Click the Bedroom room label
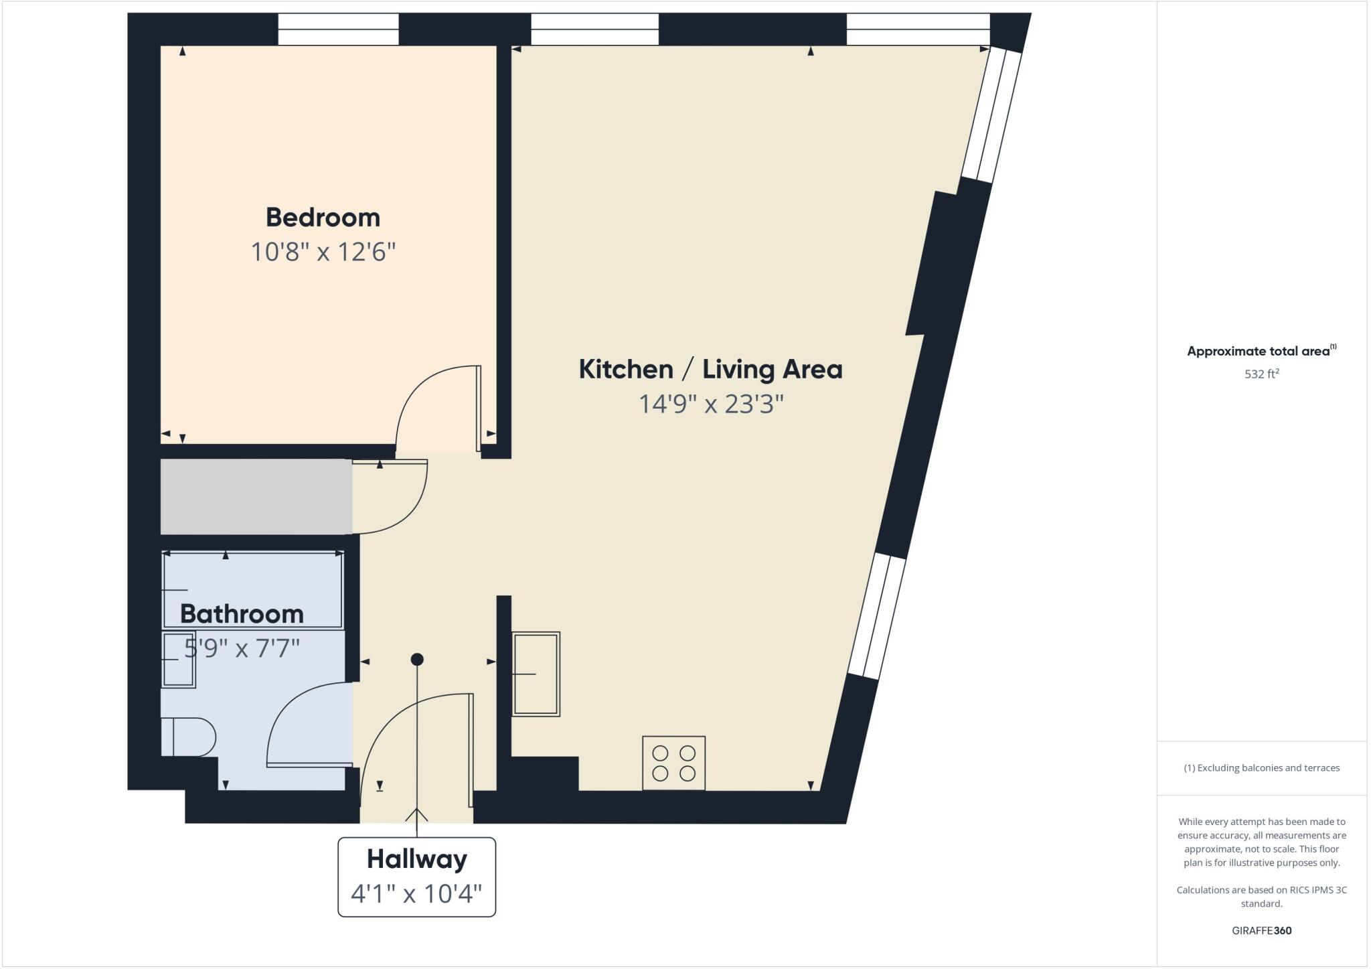[x=323, y=218]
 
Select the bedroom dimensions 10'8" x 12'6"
[x=323, y=252]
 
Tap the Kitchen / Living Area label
[x=710, y=370]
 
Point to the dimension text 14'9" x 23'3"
[x=710, y=404]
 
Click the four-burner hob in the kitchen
[x=673, y=763]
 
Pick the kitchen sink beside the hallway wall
[x=536, y=674]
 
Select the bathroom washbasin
[x=178, y=660]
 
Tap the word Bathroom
[x=242, y=614]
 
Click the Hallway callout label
[x=416, y=859]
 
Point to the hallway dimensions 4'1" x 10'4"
[x=416, y=893]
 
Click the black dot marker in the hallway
[x=417, y=660]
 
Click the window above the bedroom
[x=338, y=29]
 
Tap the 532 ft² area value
[x=1261, y=374]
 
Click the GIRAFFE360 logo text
[x=1261, y=931]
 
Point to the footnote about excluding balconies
[x=1261, y=768]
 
